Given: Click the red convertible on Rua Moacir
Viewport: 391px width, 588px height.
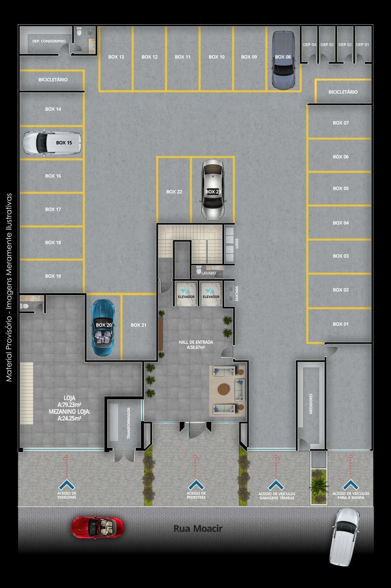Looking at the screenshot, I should pyautogui.click(x=97, y=527).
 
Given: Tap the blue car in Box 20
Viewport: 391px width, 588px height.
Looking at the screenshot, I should pyautogui.click(x=103, y=327).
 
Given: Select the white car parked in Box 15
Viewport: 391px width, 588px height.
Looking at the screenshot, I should pyautogui.click(x=51, y=143).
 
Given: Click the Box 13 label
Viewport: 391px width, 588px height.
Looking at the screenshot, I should pyautogui.click(x=116, y=57).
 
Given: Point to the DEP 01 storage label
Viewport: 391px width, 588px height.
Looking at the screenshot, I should pyautogui.click(x=362, y=45).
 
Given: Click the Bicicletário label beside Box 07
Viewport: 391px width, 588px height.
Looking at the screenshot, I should pyautogui.click(x=343, y=92).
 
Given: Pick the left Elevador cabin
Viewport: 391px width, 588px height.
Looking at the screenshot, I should pyautogui.click(x=186, y=294).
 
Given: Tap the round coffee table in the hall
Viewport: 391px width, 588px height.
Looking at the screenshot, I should pyautogui.click(x=223, y=389).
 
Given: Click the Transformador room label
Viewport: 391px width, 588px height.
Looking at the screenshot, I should pyautogui.click(x=129, y=423).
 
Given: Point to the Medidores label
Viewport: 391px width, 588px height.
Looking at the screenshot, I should pyautogui.click(x=311, y=404).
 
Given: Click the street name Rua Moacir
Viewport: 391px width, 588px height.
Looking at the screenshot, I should pyautogui.click(x=198, y=529).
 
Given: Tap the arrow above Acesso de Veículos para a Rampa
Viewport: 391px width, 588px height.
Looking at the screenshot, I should pyautogui.click(x=350, y=485).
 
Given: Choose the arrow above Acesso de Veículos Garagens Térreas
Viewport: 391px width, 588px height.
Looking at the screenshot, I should pyautogui.click(x=276, y=485).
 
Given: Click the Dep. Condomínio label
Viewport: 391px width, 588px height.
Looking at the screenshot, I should pyautogui.click(x=49, y=41).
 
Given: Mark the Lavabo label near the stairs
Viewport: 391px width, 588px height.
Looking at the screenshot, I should pyautogui.click(x=209, y=273).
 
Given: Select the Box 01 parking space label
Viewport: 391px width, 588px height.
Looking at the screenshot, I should pyautogui.click(x=341, y=324).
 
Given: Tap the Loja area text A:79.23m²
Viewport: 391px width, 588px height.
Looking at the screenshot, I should pyautogui.click(x=69, y=405).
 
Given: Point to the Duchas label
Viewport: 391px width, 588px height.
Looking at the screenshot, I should pyautogui.click(x=237, y=293).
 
